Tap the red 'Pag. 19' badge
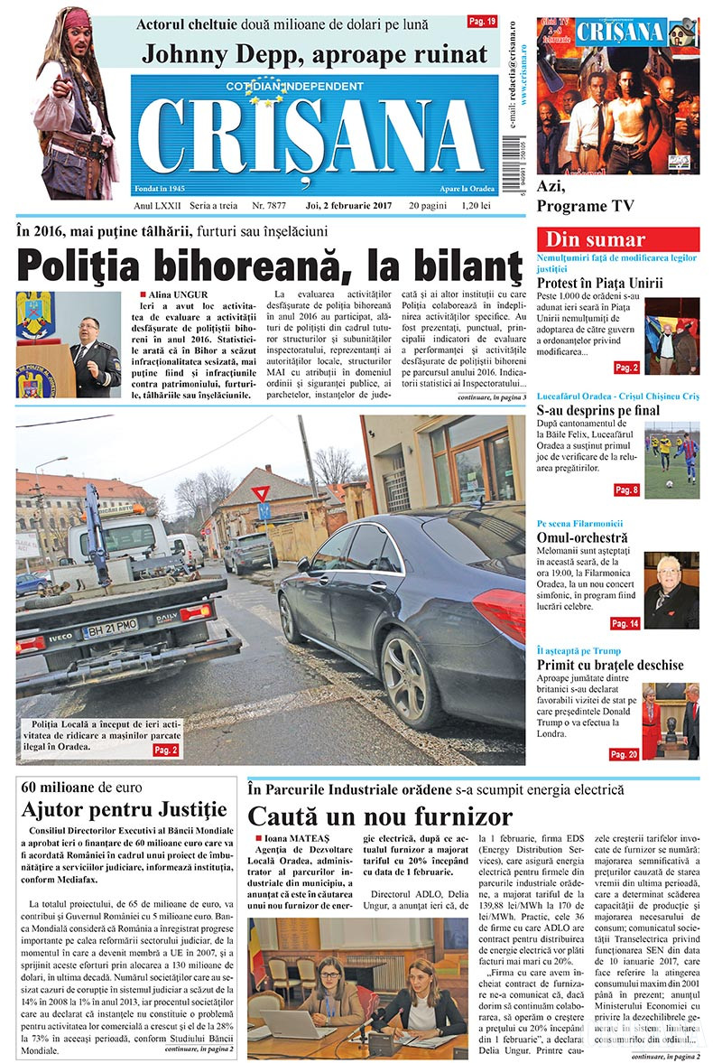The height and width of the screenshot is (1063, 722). (481, 20)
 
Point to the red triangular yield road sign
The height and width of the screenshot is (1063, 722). (261, 494)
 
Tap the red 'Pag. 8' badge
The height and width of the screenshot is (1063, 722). (626, 490)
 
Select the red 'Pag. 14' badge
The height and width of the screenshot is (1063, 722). (625, 623)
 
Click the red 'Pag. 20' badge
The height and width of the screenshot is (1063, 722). (624, 754)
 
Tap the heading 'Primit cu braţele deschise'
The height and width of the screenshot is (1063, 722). (610, 665)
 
